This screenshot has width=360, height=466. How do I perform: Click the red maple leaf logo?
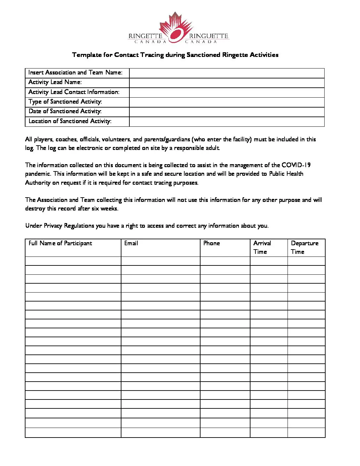tap(176, 28)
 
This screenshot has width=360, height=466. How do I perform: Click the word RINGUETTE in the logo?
tap(209, 36)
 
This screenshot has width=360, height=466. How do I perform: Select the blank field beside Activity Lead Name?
tap(227, 82)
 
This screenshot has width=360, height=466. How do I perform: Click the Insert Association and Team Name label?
tap(75, 72)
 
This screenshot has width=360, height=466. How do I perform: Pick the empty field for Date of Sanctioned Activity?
tap(227, 112)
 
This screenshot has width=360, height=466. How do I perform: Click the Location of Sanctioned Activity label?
tap(70, 121)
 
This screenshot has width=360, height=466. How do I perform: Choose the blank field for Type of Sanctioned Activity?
tap(227, 102)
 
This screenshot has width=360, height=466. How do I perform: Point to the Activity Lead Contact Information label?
tap(74, 92)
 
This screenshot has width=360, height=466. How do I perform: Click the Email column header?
tap(131, 243)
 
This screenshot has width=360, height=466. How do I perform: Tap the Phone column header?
tap(211, 243)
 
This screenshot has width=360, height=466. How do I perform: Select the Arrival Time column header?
tap(262, 247)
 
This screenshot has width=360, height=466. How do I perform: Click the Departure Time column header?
tap(304, 247)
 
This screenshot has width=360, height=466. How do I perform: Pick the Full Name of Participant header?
tap(60, 243)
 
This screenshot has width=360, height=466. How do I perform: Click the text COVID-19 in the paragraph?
tap(296, 165)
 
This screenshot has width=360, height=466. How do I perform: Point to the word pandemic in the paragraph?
tap(37, 174)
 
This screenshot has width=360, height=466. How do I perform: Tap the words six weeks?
tap(105, 209)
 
